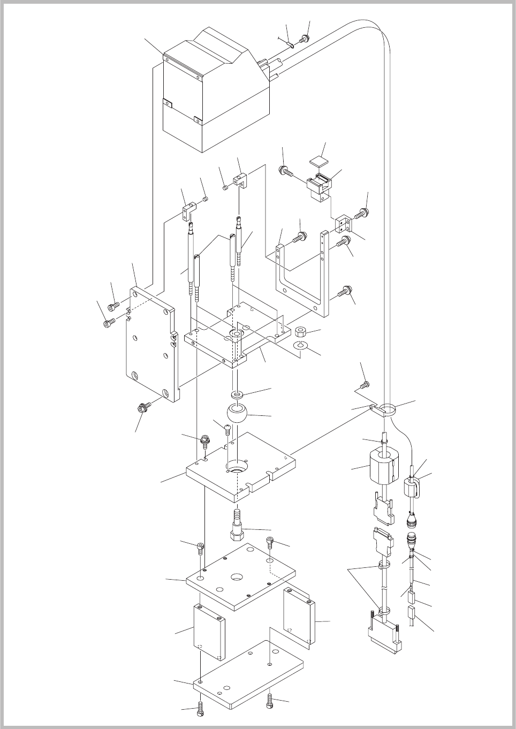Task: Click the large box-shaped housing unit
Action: click(x=214, y=96)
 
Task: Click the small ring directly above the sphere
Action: click(x=236, y=395)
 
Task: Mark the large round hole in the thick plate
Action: click(x=236, y=466)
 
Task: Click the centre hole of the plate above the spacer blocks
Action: click(x=236, y=578)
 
